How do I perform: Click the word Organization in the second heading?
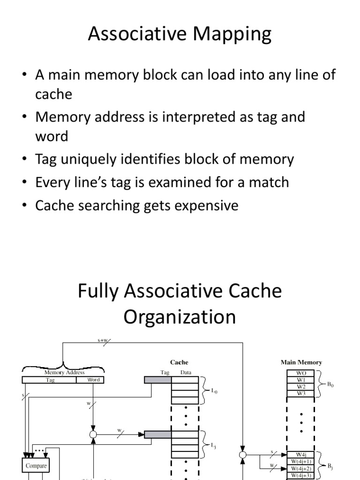pyautogui.click(x=180, y=317)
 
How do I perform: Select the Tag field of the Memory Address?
pyautogui.click(x=51, y=380)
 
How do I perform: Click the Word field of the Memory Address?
pyautogui.click(x=94, y=380)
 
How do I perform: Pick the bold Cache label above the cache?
pyautogui.click(x=179, y=362)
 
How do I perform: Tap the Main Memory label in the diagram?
pyautogui.click(x=301, y=362)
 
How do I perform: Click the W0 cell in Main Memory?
pyautogui.click(x=300, y=374)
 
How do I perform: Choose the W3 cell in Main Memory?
pyautogui.click(x=300, y=393)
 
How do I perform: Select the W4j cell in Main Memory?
pyautogui.click(x=300, y=454)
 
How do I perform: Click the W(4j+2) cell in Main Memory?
pyautogui.click(x=300, y=468)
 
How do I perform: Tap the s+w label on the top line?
pyautogui.click(x=103, y=341)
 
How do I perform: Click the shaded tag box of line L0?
pyautogui.click(x=157, y=380)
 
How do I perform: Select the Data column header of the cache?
pyautogui.click(x=186, y=373)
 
